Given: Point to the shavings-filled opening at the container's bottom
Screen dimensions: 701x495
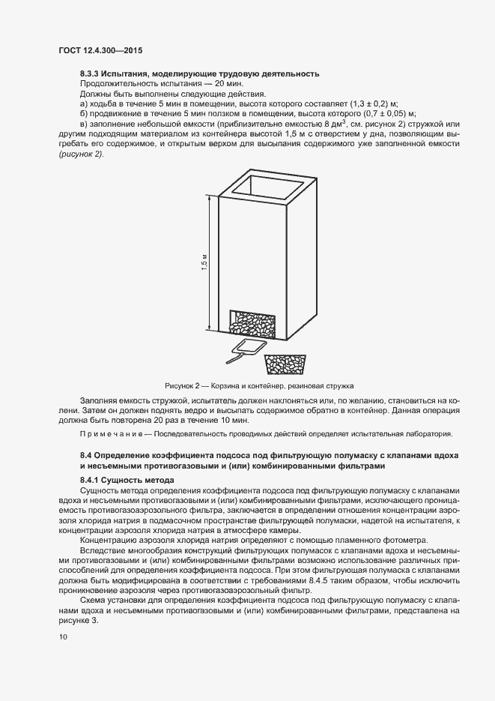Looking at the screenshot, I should [x=252, y=325].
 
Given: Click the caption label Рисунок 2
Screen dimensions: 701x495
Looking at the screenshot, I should [x=180, y=386].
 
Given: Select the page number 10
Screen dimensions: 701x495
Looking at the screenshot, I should [x=62, y=637].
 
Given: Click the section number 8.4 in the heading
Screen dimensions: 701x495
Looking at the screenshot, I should [x=85, y=456].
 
